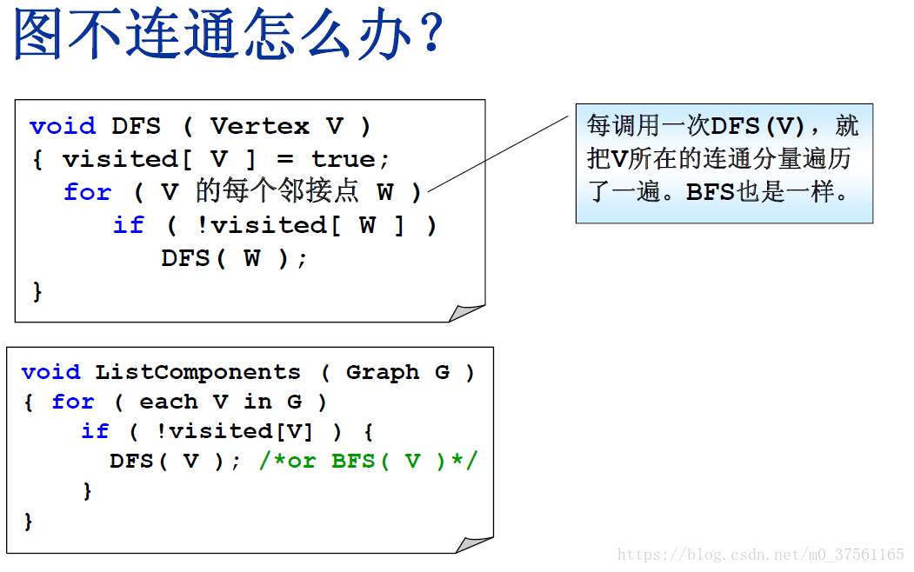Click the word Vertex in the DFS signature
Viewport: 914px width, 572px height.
tap(259, 126)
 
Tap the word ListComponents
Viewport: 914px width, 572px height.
tap(197, 372)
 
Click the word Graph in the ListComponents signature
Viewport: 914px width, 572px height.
tap(382, 372)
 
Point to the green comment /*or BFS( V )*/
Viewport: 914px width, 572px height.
tap(368, 461)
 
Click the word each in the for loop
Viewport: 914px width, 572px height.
tap(168, 402)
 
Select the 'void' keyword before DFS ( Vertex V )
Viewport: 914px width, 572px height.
tap(62, 126)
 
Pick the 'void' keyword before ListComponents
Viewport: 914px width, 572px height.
tap(50, 372)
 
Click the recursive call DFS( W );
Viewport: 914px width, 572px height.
tap(234, 258)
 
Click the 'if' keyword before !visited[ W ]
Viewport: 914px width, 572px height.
tap(128, 225)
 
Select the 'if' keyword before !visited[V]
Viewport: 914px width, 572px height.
tap(95, 431)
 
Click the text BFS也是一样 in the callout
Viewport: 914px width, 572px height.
tap(765, 192)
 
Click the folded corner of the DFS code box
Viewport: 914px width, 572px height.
tap(467, 312)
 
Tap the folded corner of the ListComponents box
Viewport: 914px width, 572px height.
tap(475, 544)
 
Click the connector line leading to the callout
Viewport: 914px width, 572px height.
tap(500, 152)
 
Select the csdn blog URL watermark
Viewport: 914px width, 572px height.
tap(761, 555)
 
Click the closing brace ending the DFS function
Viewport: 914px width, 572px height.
tap(37, 291)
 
